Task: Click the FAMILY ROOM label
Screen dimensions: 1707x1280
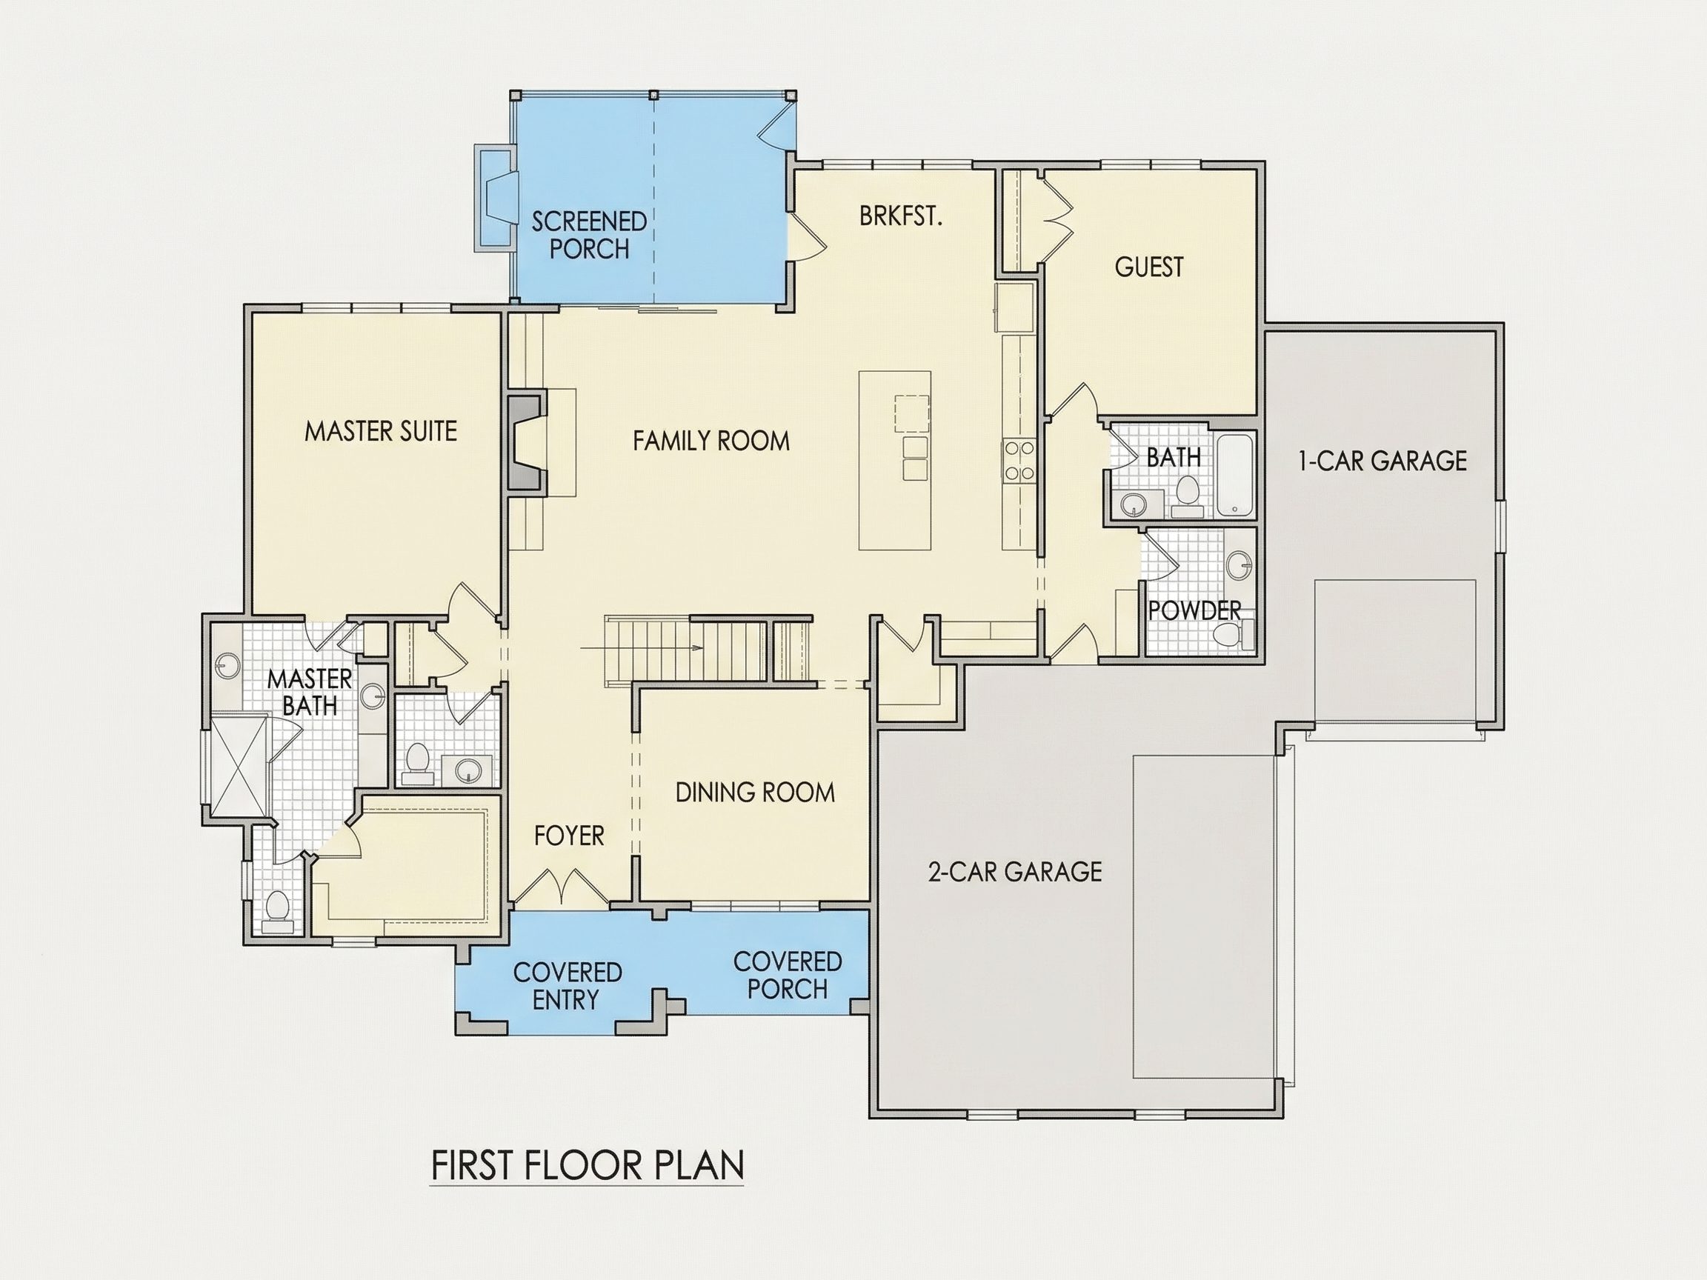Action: tap(711, 441)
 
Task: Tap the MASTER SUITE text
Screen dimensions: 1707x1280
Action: tap(381, 430)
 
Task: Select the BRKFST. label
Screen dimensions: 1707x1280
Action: tap(901, 216)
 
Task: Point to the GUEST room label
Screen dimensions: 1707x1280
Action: tap(1148, 267)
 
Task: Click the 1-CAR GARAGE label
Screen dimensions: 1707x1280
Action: tap(1382, 461)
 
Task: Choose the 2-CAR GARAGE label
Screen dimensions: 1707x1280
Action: tap(1014, 871)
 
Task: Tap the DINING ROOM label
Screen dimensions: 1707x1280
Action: tap(755, 793)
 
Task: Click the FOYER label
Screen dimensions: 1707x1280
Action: tap(569, 835)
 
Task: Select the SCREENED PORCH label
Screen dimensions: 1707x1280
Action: tap(590, 235)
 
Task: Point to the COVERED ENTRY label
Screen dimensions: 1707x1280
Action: tap(568, 985)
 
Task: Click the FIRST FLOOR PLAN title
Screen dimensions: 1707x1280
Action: tap(588, 1165)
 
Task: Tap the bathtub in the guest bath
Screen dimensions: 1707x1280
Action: tap(1236, 475)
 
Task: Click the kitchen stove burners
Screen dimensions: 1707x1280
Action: tap(1017, 461)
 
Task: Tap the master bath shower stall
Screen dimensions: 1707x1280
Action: tap(240, 767)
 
